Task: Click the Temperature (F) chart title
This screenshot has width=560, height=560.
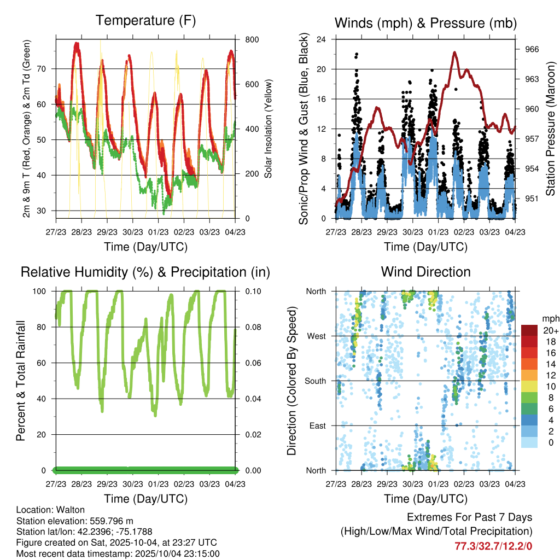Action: click(x=145, y=21)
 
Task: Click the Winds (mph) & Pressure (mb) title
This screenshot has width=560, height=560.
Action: click(x=425, y=23)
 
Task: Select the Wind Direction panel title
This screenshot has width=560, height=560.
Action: click(x=425, y=272)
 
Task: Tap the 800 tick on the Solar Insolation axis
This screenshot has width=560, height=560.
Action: click(x=252, y=40)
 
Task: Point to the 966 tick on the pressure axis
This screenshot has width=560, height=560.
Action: click(x=532, y=49)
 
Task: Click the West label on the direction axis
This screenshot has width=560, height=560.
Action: click(x=316, y=336)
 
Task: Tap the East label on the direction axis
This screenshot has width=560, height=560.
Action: click(x=318, y=425)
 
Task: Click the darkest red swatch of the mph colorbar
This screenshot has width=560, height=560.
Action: click(x=529, y=330)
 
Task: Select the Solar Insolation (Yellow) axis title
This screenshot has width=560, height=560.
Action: click(x=269, y=129)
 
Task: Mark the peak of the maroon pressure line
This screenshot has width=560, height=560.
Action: click(x=454, y=52)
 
